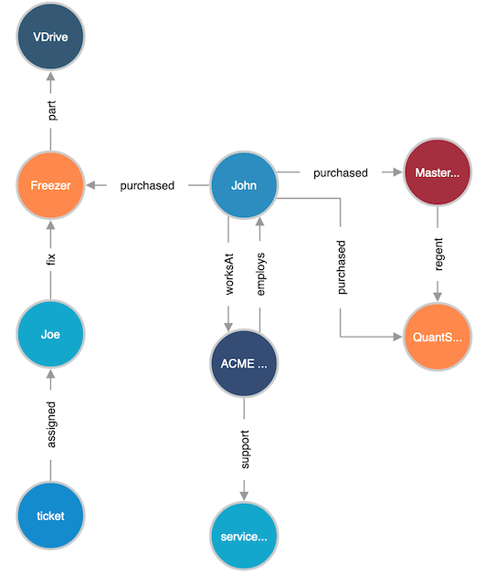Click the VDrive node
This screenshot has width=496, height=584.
pos(51,36)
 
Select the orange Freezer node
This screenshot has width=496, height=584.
pos(51,185)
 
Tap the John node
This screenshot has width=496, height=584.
pos(244,185)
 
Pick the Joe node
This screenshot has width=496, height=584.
pos(51,334)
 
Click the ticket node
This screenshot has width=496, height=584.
pos(51,516)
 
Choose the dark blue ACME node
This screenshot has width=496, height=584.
pos(244,363)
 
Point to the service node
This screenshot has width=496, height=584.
pos(244,536)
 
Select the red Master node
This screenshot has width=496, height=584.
pos(438,172)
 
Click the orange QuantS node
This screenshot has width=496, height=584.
pos(438,337)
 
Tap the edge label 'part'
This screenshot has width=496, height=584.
pos(52,110)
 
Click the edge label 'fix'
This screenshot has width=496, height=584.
pos(51,259)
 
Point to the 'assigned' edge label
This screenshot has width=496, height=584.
pos(51,424)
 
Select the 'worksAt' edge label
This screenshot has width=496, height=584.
pos(229,274)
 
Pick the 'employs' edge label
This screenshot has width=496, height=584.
pos(261,274)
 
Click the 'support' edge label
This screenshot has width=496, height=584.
pos(245,450)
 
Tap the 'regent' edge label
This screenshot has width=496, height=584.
pos(439,255)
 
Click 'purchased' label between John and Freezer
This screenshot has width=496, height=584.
pos(147,185)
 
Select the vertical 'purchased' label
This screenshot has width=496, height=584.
pos(342,267)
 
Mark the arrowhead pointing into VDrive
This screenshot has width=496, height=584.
pos(51,77)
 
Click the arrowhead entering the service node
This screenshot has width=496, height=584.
pos(244,496)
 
